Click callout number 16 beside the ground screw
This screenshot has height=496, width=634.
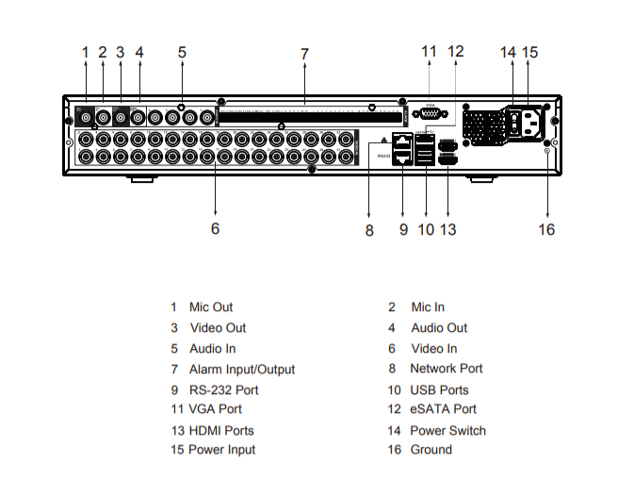tap(546, 229)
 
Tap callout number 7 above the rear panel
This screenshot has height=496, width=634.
tap(304, 55)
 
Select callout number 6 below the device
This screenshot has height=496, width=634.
tap(215, 228)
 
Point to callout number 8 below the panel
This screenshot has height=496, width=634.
tap(369, 229)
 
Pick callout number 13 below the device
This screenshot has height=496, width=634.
tap(448, 229)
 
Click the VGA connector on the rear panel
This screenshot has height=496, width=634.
tap(430, 113)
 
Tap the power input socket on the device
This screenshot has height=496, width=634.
tap(531, 124)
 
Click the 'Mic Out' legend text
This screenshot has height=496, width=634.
tap(211, 307)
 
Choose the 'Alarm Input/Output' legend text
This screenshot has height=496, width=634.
tap(242, 370)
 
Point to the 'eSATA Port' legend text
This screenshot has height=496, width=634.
tap(444, 409)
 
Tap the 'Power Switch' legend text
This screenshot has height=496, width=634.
tap(447, 430)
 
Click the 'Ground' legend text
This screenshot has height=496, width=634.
tap(431, 450)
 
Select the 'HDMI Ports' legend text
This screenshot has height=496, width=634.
tap(221, 430)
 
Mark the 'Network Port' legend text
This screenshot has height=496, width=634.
tap(447, 369)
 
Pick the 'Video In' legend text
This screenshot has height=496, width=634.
tap(434, 349)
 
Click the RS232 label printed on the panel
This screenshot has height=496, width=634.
tap(383, 156)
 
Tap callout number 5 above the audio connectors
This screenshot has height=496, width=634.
tap(182, 52)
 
